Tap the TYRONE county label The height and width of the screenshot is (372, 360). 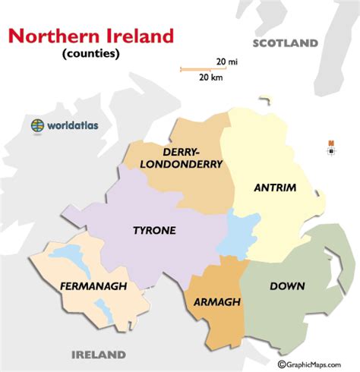154,230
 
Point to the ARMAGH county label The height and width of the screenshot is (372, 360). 218,301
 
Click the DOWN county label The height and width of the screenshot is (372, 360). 288,286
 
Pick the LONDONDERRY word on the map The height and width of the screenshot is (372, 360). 187,163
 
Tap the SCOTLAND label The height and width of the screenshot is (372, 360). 286,43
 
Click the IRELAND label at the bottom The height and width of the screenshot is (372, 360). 98,355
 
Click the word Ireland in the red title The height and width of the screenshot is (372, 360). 137,36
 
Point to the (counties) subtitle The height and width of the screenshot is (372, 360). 91,55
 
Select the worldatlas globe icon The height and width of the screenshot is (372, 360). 37,125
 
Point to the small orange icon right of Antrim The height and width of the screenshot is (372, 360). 331,143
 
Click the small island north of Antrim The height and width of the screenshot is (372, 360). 264,99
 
